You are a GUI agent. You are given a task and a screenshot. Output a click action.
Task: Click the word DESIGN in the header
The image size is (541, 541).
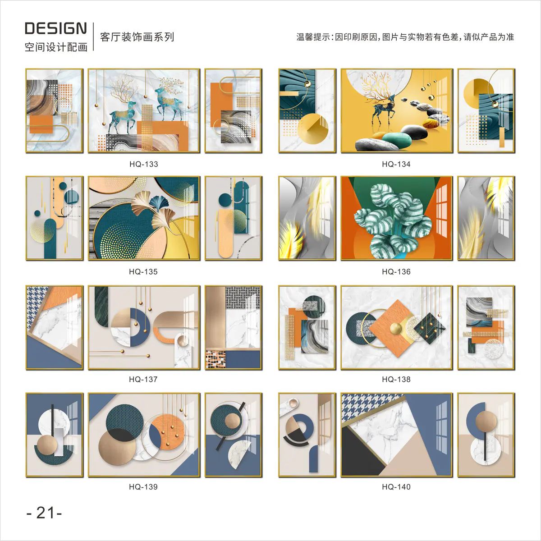pyautogui.click(x=56, y=28)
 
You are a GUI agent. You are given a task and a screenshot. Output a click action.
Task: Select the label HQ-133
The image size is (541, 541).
pyautogui.click(x=144, y=164)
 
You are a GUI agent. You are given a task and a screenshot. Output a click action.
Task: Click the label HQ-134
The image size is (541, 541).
pyautogui.click(x=396, y=164)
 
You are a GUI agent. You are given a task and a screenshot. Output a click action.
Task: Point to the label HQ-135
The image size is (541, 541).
pyautogui.click(x=143, y=272)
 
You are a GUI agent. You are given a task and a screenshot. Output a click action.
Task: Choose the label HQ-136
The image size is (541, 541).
pyautogui.click(x=396, y=272)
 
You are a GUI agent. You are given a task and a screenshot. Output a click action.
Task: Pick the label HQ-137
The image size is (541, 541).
pyautogui.click(x=143, y=380)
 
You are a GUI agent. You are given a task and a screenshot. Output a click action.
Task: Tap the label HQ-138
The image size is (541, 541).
pyautogui.click(x=396, y=380)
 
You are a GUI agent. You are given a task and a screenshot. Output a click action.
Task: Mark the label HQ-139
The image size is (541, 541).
pyautogui.click(x=143, y=487)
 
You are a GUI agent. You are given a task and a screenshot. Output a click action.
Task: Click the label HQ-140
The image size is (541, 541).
pyautogui.click(x=396, y=487)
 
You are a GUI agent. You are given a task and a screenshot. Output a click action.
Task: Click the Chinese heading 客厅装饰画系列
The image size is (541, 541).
pyautogui.click(x=137, y=37)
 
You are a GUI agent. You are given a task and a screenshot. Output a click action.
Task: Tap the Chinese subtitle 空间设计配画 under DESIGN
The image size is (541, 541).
pyautogui.click(x=56, y=47)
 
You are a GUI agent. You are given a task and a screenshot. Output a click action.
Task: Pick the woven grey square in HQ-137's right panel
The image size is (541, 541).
pyautogui.click(x=243, y=298)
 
